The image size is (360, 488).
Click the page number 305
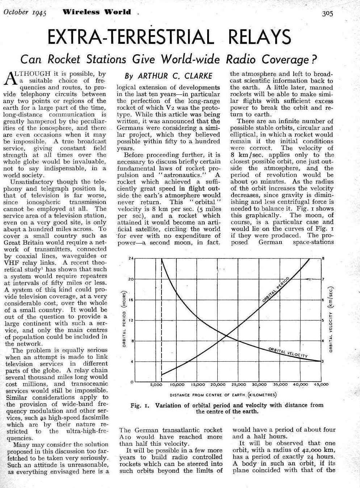pyautogui.click(x=327, y=13)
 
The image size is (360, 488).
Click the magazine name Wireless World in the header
pyautogui.click(x=97, y=12)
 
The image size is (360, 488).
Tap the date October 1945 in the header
pyautogui.click(x=25, y=12)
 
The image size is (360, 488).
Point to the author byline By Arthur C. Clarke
pyautogui.click(x=168, y=76)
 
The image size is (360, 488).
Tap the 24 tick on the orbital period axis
pyautogui.click(x=131, y=258)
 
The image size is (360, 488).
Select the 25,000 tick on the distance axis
pyautogui.click(x=239, y=384)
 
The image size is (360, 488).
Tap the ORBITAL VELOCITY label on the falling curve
pyautogui.click(x=288, y=353)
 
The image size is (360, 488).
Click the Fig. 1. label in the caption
pyautogui.click(x=140, y=405)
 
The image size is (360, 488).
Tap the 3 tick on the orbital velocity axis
pyautogui.click(x=323, y=361)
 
